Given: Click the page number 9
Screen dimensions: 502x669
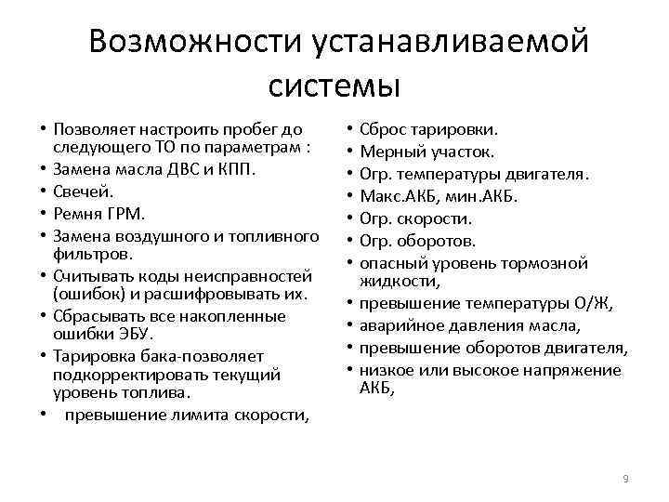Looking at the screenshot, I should coord(625,478).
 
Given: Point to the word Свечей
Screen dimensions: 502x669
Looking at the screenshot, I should coord(84,191).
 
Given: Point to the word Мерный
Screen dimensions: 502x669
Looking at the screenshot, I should coord(389,152).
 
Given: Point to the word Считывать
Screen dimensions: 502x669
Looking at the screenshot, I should coord(93,275).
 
